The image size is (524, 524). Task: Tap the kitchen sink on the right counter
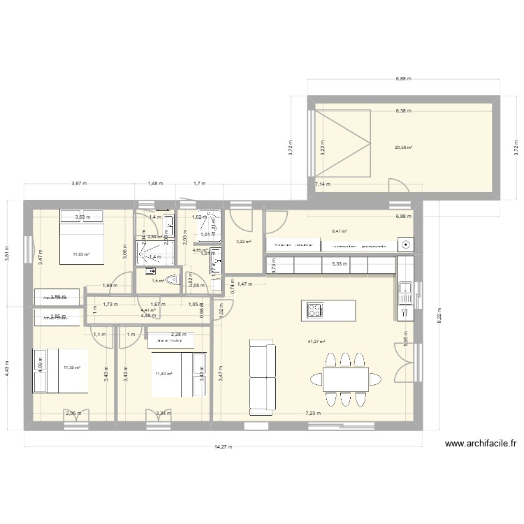click(x=405, y=288)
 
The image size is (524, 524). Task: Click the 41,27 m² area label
click(x=316, y=342)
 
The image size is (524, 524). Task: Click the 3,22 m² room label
click(x=242, y=242)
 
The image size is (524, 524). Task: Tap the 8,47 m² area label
click(x=340, y=230)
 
